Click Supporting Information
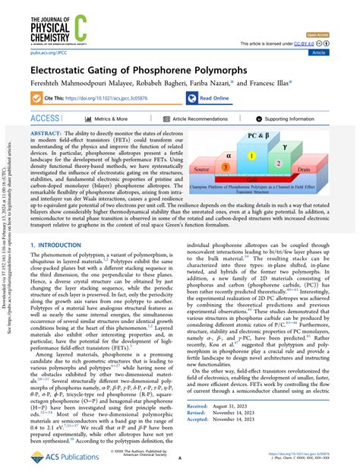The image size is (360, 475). pos(301,119)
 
